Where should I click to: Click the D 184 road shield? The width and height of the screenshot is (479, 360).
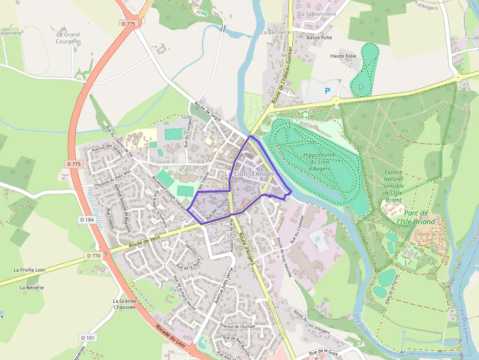pyautogui.click(x=87, y=220)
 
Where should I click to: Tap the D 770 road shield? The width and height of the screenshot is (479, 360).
pyautogui.click(x=94, y=255)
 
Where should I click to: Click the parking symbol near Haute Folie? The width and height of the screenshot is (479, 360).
pyautogui.click(x=327, y=90)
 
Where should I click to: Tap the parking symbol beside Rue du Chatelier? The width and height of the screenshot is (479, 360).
pyautogui.click(x=318, y=240)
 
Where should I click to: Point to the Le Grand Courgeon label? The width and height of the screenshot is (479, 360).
pyautogui.click(x=68, y=38)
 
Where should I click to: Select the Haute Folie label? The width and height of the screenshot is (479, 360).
pyautogui.click(x=343, y=56)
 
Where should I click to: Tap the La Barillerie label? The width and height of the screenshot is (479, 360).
pyautogui.click(x=276, y=32)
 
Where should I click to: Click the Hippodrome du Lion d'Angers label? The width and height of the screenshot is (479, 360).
pyautogui.click(x=319, y=162)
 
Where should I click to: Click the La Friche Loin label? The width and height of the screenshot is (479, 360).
pyautogui.click(x=29, y=269)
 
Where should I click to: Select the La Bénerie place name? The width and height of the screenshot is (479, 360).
pyautogui.click(x=32, y=287)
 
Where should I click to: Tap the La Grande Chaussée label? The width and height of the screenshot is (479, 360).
pyautogui.click(x=124, y=304)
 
